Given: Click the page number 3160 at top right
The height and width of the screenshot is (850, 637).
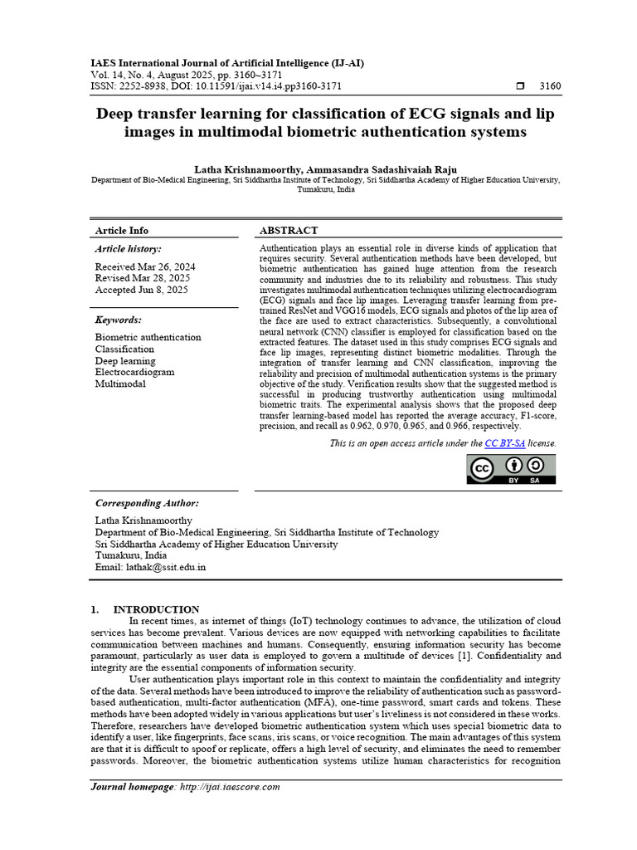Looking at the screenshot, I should click(550, 86).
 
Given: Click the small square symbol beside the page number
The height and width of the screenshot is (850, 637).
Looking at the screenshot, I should click(520, 86).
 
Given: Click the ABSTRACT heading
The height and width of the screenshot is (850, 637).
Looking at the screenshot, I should click(289, 231).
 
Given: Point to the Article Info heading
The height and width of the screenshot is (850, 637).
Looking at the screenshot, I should click(122, 231).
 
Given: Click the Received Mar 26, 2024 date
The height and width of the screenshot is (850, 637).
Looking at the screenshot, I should click(145, 267).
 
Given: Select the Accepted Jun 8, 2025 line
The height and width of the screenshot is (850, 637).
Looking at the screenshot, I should click(142, 291).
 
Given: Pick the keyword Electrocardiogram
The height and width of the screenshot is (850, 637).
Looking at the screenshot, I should click(134, 373).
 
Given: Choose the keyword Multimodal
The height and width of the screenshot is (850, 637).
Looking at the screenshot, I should click(120, 384).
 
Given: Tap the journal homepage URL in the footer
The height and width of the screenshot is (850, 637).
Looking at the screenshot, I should click(230, 787).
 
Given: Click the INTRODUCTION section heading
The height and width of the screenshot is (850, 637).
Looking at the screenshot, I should click(156, 609).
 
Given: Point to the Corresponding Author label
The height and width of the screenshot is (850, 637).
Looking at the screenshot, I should click(147, 503).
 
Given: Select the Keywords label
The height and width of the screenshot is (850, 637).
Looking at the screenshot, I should click(119, 320).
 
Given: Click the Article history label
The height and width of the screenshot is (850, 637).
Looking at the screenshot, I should click(129, 249).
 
